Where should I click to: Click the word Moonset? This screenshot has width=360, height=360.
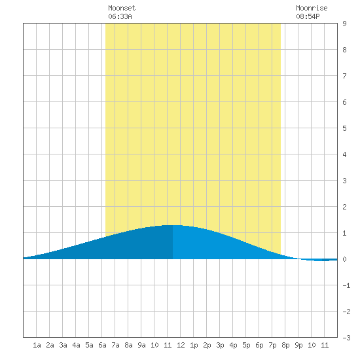[x=122, y=8]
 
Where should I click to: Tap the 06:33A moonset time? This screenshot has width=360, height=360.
[x=120, y=16]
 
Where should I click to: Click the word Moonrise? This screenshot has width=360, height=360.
[x=312, y=8]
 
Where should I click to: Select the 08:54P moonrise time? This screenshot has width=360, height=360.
[x=308, y=16]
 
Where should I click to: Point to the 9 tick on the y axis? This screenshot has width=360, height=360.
[x=344, y=24]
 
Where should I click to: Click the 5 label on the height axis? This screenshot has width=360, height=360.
[x=344, y=128]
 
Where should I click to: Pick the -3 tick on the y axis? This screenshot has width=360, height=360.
[x=346, y=338]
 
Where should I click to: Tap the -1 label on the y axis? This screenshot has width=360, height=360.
[x=346, y=285]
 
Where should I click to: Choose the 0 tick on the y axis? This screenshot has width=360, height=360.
[x=344, y=259]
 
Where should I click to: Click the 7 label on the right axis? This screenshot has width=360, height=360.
[x=344, y=76]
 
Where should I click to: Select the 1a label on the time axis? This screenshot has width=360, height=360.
[x=37, y=345]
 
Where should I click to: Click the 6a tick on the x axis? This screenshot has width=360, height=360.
[x=102, y=345]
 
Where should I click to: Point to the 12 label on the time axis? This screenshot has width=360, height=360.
[x=181, y=345]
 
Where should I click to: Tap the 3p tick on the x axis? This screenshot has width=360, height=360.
[x=220, y=345]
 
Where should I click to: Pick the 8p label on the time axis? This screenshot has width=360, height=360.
[x=285, y=345]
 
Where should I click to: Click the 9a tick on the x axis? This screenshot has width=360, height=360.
[x=141, y=345]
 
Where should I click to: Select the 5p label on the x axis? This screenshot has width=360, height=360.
[x=246, y=345]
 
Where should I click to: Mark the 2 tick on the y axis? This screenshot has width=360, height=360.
[x=344, y=207]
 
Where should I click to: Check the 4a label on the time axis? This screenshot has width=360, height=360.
[x=76, y=345]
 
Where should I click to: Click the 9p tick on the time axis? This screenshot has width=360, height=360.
[x=298, y=345]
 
